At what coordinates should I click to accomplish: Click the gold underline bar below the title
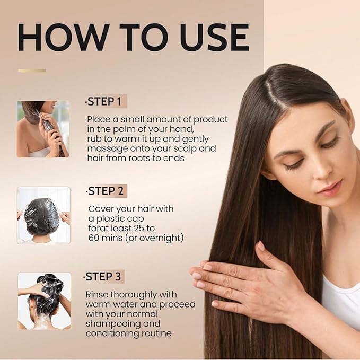(x=32, y=71)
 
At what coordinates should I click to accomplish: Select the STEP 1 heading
(x=106, y=101)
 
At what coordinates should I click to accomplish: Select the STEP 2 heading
(x=107, y=191)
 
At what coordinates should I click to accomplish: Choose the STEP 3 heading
(x=106, y=277)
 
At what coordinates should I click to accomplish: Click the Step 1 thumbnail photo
(x=43, y=129)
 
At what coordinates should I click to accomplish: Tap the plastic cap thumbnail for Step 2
(x=43, y=215)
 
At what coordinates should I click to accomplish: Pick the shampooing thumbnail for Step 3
(x=44, y=301)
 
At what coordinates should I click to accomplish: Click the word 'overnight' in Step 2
(x=161, y=238)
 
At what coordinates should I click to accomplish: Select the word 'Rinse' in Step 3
(x=98, y=294)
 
